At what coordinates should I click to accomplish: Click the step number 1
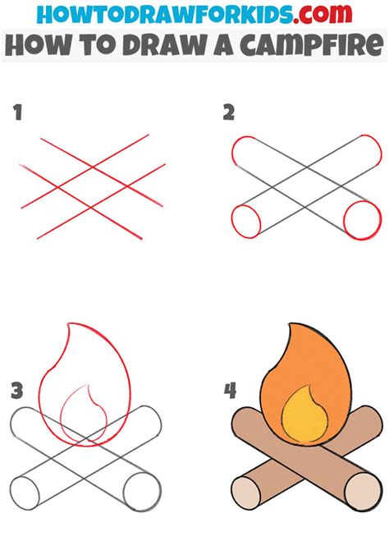point(17,113)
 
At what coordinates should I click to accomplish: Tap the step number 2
point(228,113)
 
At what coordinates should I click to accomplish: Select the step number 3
point(16,391)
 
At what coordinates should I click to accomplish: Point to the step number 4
point(230,391)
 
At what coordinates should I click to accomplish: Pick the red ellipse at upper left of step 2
point(245,154)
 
